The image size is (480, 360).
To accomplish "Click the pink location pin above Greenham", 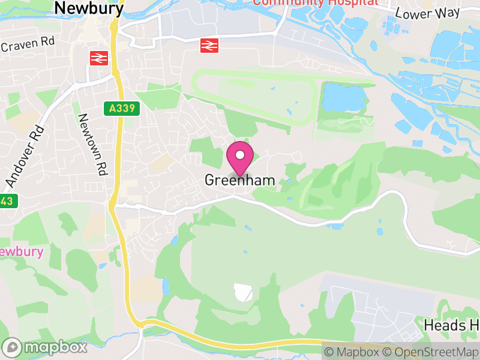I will (240, 158).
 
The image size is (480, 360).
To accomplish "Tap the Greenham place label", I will (240, 180).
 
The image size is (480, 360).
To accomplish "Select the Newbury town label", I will (89, 8).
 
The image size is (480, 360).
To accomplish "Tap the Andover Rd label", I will (25, 155).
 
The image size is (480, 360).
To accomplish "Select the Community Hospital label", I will (316, 2).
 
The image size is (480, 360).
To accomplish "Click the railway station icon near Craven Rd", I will (98, 58).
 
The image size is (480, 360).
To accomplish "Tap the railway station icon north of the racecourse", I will (208, 45).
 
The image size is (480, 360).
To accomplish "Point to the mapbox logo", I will (45, 347).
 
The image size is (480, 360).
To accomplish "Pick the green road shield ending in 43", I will (6, 201).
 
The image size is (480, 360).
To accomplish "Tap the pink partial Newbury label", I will (22, 251).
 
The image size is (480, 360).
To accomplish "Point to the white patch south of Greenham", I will (243, 292).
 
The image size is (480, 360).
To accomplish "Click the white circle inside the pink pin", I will (240, 155).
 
